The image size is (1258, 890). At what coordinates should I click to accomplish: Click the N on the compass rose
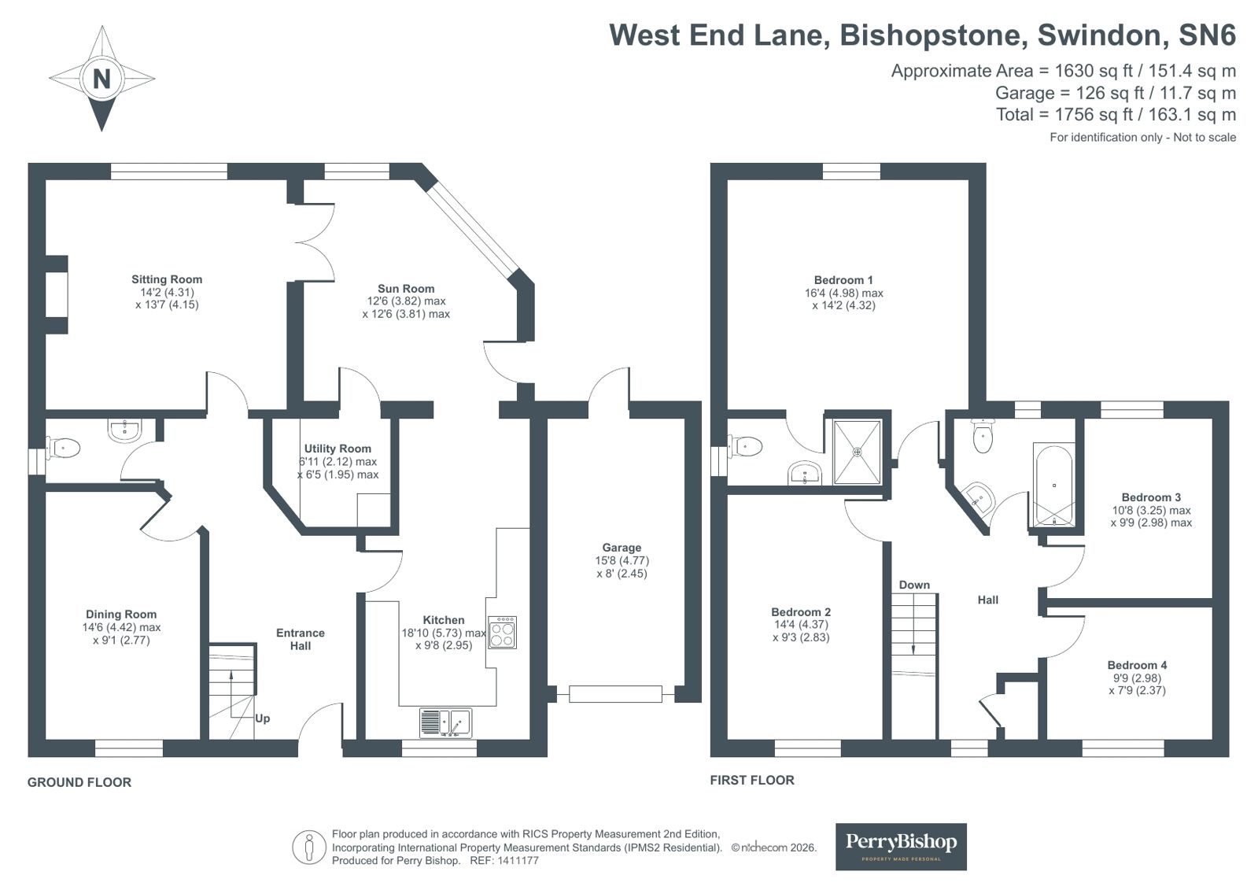(x=101, y=79)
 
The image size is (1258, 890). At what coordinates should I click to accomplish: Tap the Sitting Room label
(x=167, y=279)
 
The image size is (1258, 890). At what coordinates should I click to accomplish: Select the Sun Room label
(x=406, y=289)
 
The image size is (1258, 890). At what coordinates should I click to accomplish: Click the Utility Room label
(x=338, y=449)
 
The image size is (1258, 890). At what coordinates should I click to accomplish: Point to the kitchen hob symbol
(x=502, y=632)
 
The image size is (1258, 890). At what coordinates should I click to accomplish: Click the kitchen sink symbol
(x=445, y=722)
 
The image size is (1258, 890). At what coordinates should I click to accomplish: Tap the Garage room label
(x=622, y=548)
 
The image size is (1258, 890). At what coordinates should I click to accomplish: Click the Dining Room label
(x=121, y=615)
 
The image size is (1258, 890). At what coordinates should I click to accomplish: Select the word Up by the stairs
(x=263, y=718)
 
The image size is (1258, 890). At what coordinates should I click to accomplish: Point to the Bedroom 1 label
(x=843, y=280)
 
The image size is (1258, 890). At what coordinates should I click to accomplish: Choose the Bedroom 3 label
(x=1151, y=497)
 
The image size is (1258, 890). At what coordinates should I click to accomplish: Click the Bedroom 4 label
(x=1137, y=665)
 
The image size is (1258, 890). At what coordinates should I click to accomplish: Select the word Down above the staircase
(x=914, y=585)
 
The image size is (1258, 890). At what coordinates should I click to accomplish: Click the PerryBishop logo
(x=901, y=846)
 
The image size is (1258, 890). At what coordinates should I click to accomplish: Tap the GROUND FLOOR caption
(x=79, y=782)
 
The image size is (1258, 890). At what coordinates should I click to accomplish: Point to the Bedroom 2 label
(x=801, y=612)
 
